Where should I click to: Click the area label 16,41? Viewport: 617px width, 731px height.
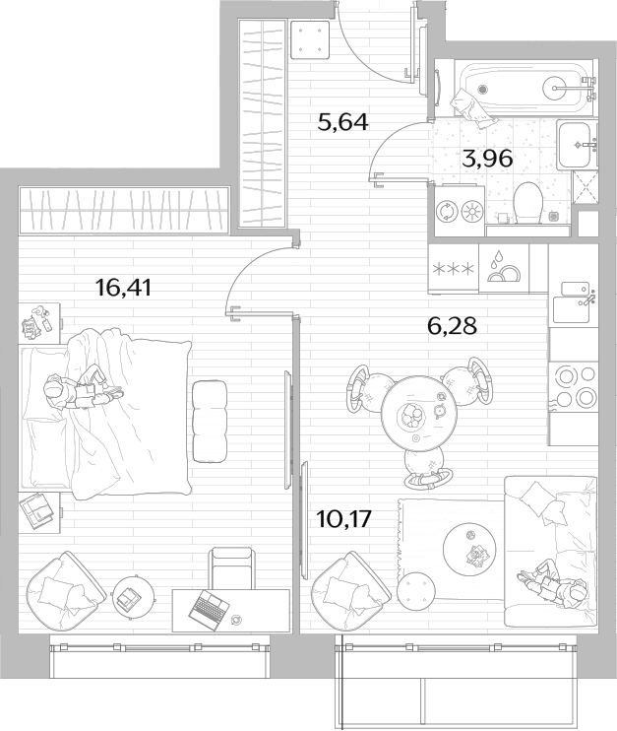coord(123,288)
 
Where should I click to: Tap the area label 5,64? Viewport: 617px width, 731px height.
coord(342,122)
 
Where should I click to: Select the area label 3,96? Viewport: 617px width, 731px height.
coord(487,159)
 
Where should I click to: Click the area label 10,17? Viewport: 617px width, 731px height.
coord(343,518)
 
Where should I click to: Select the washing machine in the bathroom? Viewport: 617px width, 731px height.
coord(459,209)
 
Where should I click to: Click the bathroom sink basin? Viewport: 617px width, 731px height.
coord(578,145)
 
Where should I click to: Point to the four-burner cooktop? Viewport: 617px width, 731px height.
coord(574,385)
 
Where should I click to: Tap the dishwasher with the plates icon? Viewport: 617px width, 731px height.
coord(504,269)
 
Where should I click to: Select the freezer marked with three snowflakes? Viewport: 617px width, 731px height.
coord(454,269)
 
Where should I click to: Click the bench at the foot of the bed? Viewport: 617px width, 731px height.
coord(210,422)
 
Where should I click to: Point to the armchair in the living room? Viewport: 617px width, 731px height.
coord(350,590)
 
